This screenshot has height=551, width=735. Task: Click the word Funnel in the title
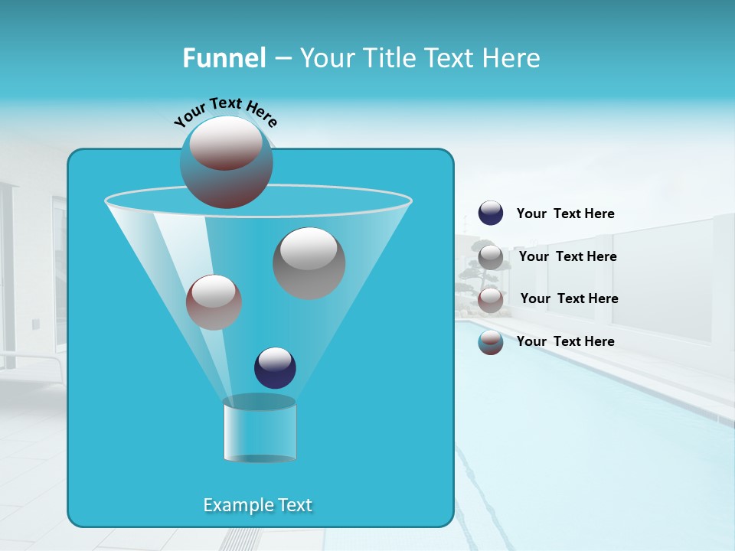click(x=224, y=58)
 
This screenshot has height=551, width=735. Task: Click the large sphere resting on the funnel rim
click(x=227, y=162)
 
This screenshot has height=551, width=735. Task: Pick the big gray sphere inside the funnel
click(x=309, y=262)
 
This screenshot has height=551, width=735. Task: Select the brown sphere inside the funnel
click(x=214, y=302)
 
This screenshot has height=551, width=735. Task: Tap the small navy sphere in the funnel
click(x=275, y=367)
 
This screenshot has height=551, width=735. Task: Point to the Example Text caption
click(x=258, y=505)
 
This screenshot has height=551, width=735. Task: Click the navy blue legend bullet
click(x=491, y=214)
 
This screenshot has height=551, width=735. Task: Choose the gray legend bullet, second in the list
click(x=491, y=256)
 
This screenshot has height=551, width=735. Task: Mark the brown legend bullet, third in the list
click(x=491, y=299)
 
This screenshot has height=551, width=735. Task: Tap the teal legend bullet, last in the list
click(x=491, y=342)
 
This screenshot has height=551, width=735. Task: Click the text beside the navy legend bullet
click(x=565, y=214)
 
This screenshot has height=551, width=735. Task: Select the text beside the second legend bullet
click(x=567, y=256)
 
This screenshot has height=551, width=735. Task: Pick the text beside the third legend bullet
click(x=569, y=298)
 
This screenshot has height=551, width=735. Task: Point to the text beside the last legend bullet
click(x=565, y=341)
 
